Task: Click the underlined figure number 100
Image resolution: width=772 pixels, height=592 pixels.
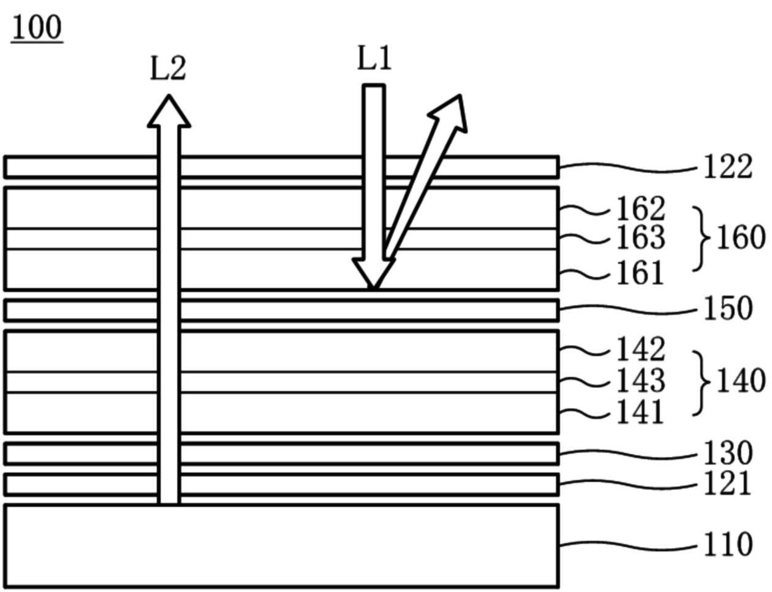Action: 37,28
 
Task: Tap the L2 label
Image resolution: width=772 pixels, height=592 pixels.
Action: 168,68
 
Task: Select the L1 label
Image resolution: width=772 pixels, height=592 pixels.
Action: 374,59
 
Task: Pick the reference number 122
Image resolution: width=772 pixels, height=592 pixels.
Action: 727,167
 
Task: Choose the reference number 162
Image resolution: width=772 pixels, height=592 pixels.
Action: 640,209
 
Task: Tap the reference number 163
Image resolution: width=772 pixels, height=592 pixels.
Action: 640,238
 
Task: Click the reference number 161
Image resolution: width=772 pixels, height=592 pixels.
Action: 640,273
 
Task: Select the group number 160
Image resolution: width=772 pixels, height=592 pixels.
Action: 741,238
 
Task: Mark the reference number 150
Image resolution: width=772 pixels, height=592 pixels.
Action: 727,309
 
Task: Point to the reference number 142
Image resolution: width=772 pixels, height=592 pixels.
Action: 640,350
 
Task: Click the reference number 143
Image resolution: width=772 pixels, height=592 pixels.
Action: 640,381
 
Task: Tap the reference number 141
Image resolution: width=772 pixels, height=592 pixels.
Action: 640,412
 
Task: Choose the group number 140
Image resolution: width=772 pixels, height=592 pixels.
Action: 741,381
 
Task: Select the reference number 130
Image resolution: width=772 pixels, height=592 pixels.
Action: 727,453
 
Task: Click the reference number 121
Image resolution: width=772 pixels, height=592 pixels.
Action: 727,484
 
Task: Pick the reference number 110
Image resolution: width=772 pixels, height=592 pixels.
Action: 727,544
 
